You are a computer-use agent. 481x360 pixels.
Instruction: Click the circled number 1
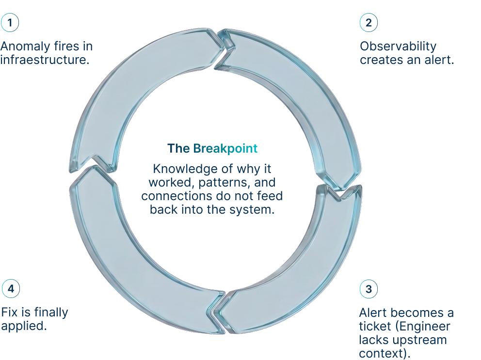pos(10,22)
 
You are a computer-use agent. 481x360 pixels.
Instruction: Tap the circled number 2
pos(369,22)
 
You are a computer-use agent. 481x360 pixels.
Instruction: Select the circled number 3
pos(369,289)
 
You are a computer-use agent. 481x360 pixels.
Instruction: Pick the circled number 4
pos(11,289)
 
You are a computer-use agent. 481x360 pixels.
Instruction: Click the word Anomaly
pos(25,47)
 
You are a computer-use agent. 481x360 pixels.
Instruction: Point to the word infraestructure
pos(45,60)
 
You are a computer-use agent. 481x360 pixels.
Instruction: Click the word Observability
pos(398,47)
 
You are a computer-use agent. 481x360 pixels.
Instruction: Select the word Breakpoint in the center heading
pos(225,148)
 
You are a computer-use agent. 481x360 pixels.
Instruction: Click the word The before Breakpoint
pos(178,148)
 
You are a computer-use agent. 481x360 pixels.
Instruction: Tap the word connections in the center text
pos(170,196)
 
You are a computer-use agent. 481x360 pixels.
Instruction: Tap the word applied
pos(24,326)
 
